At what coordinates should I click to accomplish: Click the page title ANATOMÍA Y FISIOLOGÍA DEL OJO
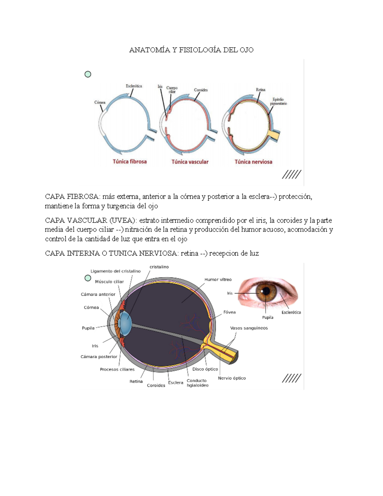tap(191, 50)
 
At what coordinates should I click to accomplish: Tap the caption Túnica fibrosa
tap(130, 162)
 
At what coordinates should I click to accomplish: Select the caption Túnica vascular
tap(190, 162)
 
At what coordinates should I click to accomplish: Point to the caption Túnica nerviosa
tap(253, 162)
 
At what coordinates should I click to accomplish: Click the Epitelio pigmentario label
tap(278, 102)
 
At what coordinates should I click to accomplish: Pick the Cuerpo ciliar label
tap(172, 90)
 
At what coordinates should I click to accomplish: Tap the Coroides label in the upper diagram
tap(201, 90)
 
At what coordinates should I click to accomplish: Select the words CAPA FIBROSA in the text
tap(72, 197)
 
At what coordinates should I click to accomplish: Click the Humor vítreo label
tap(218, 279)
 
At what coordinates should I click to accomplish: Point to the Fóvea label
tap(229, 312)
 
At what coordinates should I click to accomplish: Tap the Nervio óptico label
tap(232, 378)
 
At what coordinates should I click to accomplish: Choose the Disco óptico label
tap(205, 369)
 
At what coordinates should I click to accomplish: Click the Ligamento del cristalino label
tap(116, 271)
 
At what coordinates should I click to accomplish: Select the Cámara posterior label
tap(99, 357)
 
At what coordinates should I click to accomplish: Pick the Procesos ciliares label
tap(117, 370)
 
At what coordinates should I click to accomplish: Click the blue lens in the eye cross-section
tap(125, 323)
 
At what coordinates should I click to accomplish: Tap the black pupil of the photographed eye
tap(266, 291)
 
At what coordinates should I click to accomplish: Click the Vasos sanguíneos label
tap(249, 328)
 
